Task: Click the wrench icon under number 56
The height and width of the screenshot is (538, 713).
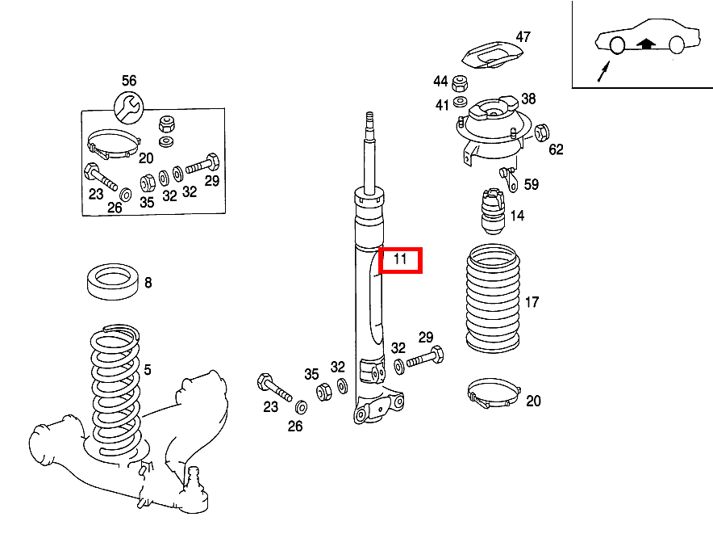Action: pyautogui.click(x=129, y=104)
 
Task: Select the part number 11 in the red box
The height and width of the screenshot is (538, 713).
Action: pyautogui.click(x=401, y=260)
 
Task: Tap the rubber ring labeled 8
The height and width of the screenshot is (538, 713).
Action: pyautogui.click(x=113, y=280)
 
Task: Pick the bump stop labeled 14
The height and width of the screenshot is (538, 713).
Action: pyautogui.click(x=492, y=212)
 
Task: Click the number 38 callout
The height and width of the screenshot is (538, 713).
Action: pyautogui.click(x=528, y=99)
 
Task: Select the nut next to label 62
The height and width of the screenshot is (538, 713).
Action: pyautogui.click(x=541, y=132)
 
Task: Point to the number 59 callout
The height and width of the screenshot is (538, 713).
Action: pyautogui.click(x=531, y=185)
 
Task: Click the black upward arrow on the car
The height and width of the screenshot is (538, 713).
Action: pyautogui.click(x=644, y=44)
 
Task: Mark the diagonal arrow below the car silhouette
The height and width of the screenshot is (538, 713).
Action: pyautogui.click(x=601, y=72)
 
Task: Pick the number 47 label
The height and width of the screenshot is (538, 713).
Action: pyautogui.click(x=523, y=36)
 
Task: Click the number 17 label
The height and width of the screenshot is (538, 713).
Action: pyautogui.click(x=532, y=303)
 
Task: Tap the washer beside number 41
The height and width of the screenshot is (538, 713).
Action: pyautogui.click(x=461, y=101)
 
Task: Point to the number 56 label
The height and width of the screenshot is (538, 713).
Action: pyautogui.click(x=129, y=80)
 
